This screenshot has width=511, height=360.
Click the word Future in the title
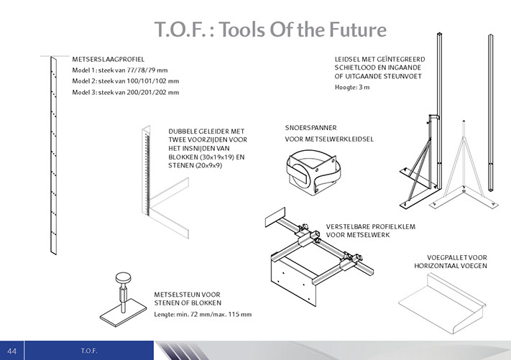(357, 29)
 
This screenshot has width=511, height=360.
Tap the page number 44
(11, 351)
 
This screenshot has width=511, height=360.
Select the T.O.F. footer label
(89, 351)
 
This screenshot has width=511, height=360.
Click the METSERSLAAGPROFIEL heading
(109, 60)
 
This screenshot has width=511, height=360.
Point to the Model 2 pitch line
(126, 81)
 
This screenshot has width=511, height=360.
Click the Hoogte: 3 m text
(352, 88)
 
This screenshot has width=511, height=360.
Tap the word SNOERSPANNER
(311, 128)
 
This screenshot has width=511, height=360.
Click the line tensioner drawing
(313, 172)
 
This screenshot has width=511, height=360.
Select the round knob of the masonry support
(123, 279)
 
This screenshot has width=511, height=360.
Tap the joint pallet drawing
(442, 304)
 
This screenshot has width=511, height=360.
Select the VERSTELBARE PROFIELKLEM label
(371, 227)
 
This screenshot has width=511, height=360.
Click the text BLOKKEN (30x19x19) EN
(206, 157)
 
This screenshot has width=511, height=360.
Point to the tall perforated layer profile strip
(53, 155)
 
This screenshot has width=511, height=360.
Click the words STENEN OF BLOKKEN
(188, 303)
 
